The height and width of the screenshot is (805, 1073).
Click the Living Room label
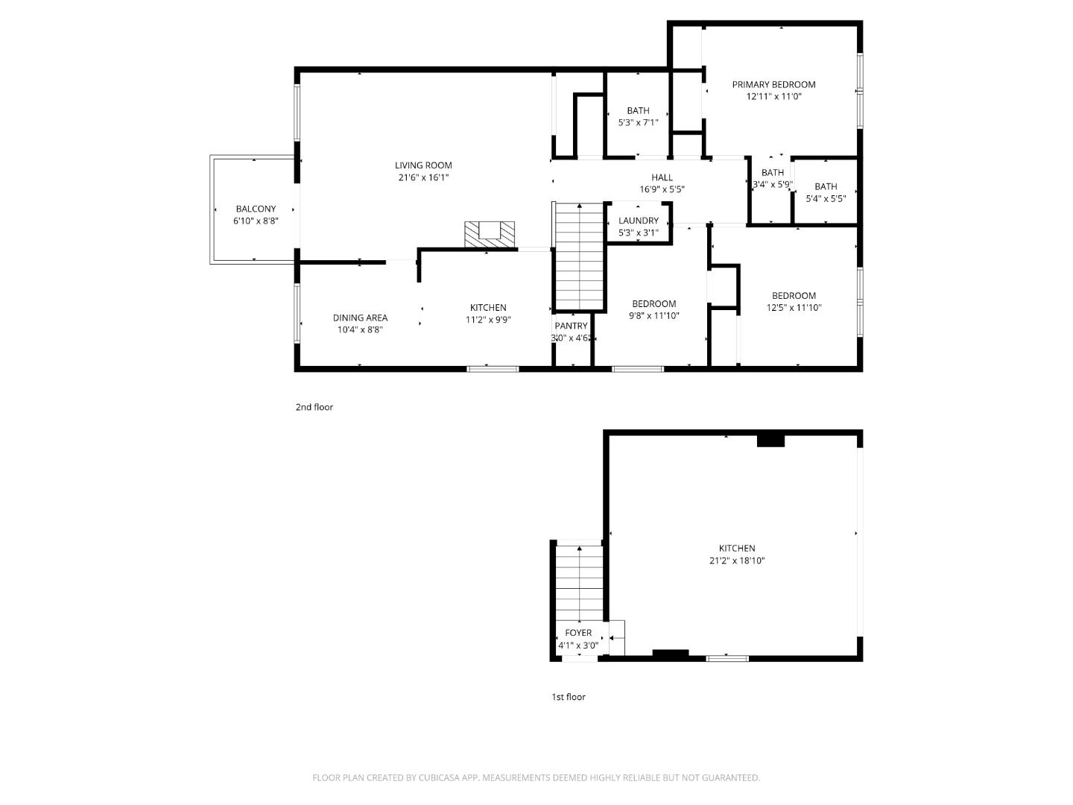coord(423,165)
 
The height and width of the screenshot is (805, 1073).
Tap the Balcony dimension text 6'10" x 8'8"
coord(256,221)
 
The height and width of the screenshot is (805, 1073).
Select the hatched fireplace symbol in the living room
coord(490,233)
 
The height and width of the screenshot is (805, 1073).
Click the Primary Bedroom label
coord(773,84)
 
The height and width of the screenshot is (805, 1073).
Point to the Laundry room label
coord(639,221)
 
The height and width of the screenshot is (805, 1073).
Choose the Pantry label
coord(572,326)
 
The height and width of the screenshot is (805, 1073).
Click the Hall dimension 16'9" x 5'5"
coord(662,189)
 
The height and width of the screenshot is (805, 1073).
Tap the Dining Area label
coord(360,318)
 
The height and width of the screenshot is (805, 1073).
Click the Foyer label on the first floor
coord(578,633)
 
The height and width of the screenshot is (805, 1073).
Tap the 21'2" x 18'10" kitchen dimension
coord(737,561)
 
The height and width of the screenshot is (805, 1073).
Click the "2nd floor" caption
coord(314,407)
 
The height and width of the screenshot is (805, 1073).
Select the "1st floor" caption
coord(569,697)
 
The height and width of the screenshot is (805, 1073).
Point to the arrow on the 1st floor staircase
coord(580,550)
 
